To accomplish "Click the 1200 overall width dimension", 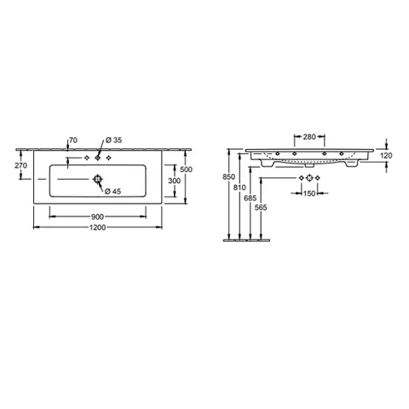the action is (x=98, y=228).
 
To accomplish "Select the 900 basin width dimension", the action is (x=97, y=216).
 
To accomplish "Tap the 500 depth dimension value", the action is (x=187, y=170).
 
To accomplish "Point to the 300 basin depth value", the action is (x=174, y=181).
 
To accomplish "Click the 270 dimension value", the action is (x=21, y=165).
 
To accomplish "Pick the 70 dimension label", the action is (x=73, y=140).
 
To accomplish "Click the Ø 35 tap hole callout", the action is (x=113, y=140).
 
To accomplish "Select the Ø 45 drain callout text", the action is (x=112, y=192).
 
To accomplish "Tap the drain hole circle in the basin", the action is (x=98, y=179).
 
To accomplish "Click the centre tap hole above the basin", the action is (x=98, y=158).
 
